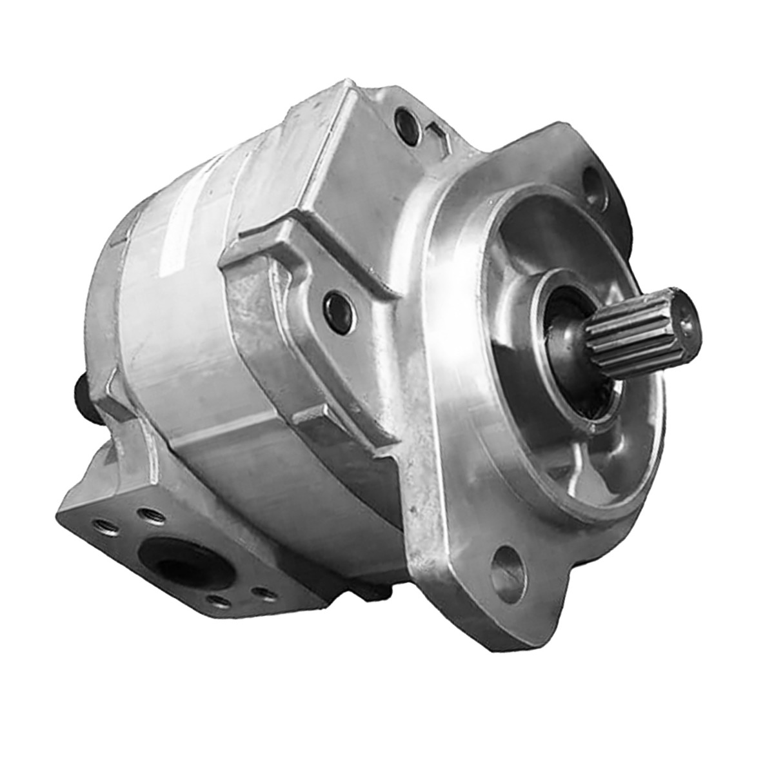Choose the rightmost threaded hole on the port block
point(261,591)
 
